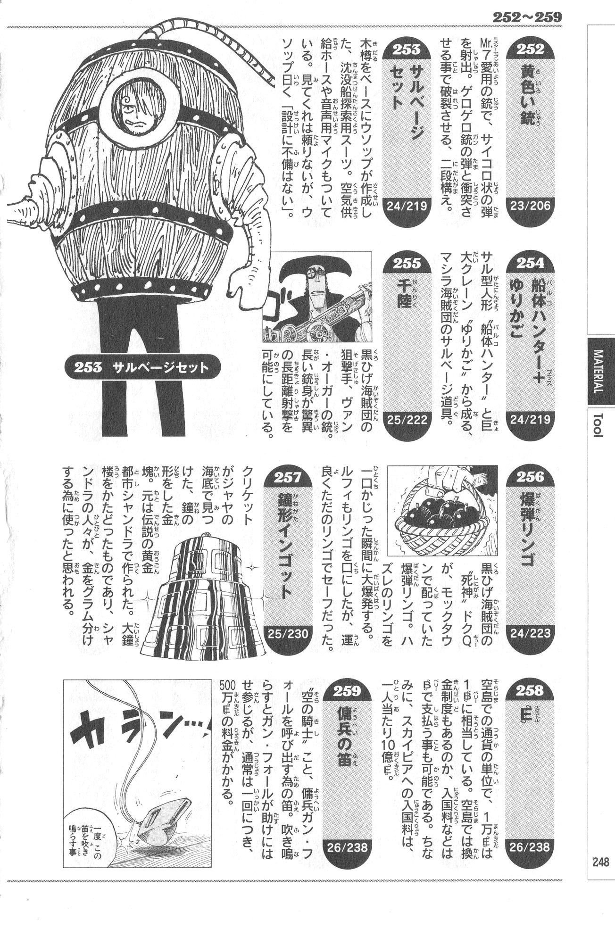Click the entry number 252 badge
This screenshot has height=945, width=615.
(x=530, y=49)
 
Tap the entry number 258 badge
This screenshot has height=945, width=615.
(x=530, y=692)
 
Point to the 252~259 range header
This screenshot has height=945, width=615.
(x=527, y=17)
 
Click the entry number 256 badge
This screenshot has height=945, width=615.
(x=530, y=477)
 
